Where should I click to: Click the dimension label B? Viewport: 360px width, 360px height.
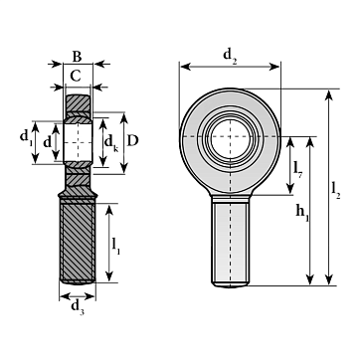click(x=77, y=57)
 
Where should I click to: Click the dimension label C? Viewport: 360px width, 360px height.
click(x=76, y=77)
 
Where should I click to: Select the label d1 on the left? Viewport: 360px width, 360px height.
click(x=26, y=137)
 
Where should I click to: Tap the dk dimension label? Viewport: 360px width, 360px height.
click(x=111, y=143)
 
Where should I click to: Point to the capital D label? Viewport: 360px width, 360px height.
click(x=132, y=141)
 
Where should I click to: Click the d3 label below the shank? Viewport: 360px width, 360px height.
click(x=78, y=307)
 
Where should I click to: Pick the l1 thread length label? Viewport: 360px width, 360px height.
click(x=115, y=246)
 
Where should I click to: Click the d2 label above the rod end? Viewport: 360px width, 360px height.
click(x=230, y=55)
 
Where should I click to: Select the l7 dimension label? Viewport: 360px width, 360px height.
click(x=297, y=169)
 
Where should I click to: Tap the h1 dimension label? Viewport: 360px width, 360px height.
click(x=302, y=212)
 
